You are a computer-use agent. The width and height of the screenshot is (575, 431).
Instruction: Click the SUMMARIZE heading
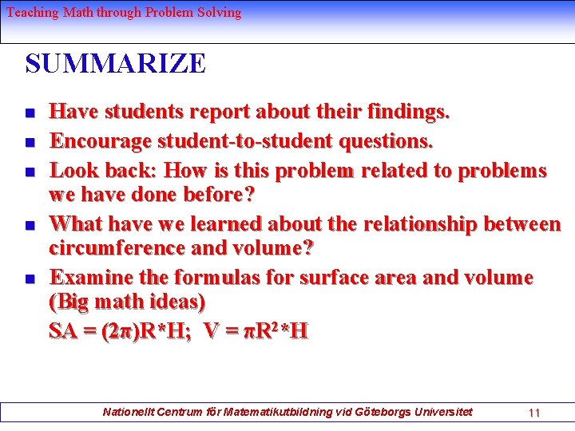click(115, 64)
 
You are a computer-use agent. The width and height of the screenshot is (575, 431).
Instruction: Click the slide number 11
click(534, 413)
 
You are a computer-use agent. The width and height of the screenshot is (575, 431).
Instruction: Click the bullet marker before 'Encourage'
click(29, 143)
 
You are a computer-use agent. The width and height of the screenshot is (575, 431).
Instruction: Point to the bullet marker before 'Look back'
click(29, 172)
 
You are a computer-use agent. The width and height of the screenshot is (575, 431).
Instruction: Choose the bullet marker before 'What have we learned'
click(29, 226)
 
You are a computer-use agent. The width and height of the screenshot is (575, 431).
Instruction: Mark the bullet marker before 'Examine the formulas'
click(29, 279)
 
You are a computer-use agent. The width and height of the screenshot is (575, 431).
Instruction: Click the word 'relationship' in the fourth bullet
click(443, 224)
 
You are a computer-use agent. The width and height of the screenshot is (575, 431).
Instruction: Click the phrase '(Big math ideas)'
click(127, 302)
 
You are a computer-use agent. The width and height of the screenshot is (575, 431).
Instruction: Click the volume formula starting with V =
click(256, 330)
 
